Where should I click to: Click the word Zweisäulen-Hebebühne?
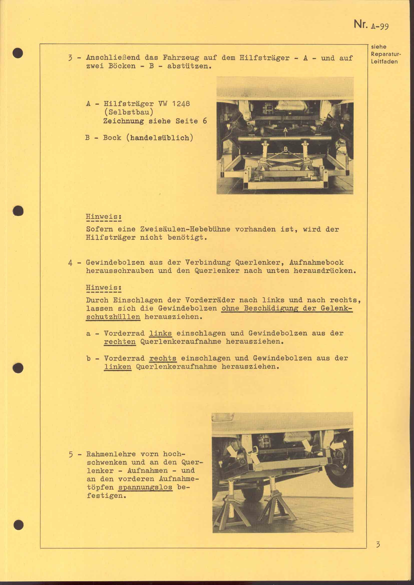coord(185,229)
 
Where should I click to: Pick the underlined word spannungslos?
coord(145,487)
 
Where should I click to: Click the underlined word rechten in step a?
coord(120,342)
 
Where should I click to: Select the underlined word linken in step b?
coord(118,367)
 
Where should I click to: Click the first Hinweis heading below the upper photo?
coord(103,217)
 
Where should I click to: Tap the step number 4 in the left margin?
coord(71,262)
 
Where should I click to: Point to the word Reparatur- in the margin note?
coord(386,54)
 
